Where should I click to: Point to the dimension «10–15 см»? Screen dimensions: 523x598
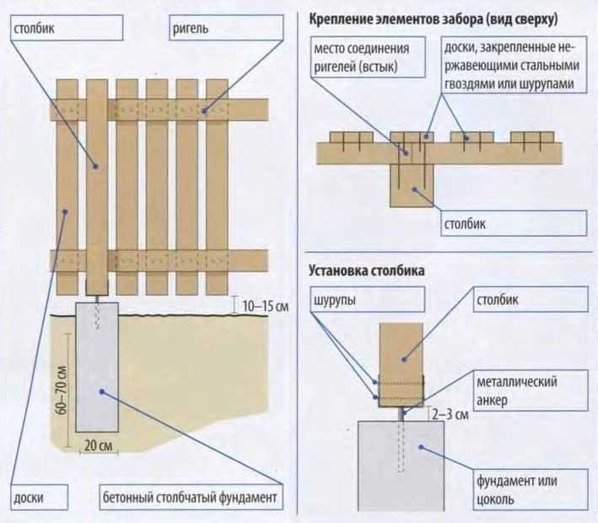click(263, 305)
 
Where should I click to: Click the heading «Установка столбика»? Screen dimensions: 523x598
click(368, 272)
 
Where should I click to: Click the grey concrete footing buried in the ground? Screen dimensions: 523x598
click(98, 367)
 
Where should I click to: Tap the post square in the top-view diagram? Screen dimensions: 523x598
click(411, 185)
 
